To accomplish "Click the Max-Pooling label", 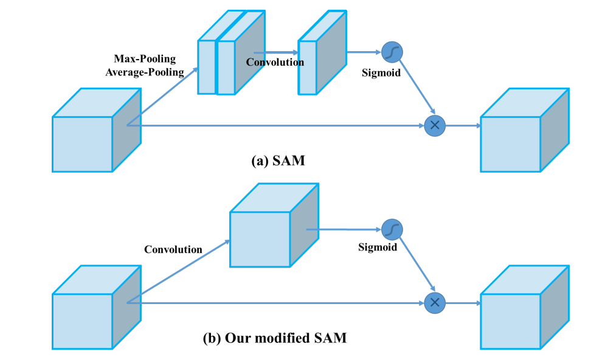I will pyautogui.click(x=145, y=59).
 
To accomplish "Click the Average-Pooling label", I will pyautogui.click(x=145, y=72).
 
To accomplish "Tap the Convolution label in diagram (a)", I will pyautogui.click(x=275, y=62).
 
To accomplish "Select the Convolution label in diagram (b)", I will pyautogui.click(x=173, y=249).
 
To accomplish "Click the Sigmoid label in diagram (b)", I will pyautogui.click(x=377, y=247).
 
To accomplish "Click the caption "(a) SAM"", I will pyautogui.click(x=278, y=161).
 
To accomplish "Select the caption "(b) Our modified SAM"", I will pyautogui.click(x=274, y=338).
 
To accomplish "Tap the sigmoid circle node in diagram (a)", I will pyautogui.click(x=392, y=53).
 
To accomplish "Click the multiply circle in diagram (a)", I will pyautogui.click(x=435, y=125).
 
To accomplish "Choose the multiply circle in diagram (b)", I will pyautogui.click(x=435, y=302).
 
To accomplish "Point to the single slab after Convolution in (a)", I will pyautogui.click(x=308, y=67).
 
